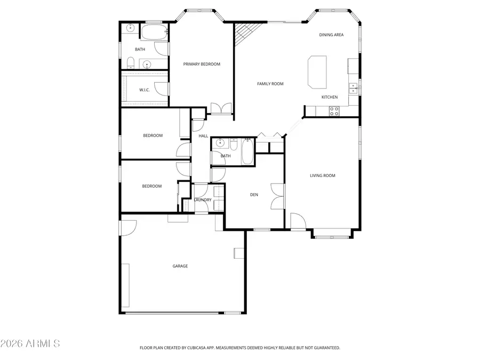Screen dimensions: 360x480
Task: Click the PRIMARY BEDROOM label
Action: click(x=202, y=64)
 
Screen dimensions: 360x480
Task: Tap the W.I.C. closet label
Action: click(x=145, y=90)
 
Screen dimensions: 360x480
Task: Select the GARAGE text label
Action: click(x=180, y=266)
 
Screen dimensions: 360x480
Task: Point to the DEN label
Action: click(x=254, y=195)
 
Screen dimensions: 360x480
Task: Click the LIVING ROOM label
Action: click(x=323, y=175)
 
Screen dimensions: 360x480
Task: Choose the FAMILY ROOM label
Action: click(x=270, y=84)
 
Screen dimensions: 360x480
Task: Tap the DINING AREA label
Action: click(x=331, y=35)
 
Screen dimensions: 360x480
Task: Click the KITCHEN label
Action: click(x=329, y=97)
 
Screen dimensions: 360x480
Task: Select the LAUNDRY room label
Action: click(x=203, y=200)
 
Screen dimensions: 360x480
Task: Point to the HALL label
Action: click(x=203, y=136)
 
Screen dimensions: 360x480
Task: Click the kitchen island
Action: click(x=317, y=71)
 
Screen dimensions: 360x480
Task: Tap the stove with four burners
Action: click(x=334, y=111)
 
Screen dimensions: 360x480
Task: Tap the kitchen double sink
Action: click(x=353, y=88)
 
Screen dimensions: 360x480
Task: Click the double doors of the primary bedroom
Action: click(x=221, y=108)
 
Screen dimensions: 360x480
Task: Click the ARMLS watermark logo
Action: click(x=30, y=343)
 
